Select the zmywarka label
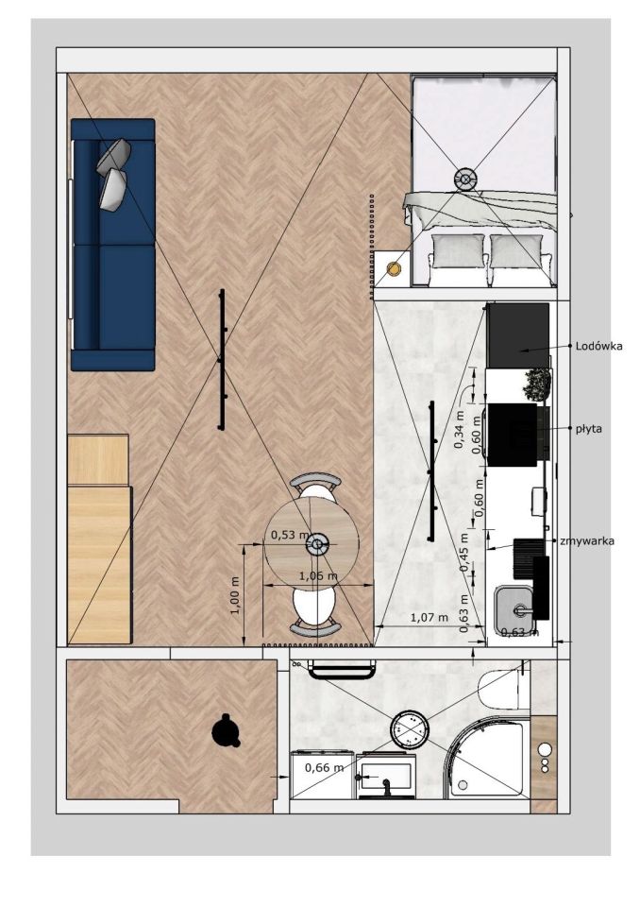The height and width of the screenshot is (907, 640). coord(587,540)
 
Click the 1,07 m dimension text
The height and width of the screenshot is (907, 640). coord(429,617)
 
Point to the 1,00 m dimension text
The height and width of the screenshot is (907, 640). coord(235,596)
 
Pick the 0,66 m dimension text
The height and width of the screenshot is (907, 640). coord(324,767)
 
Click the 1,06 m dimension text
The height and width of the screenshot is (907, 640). coord(318,575)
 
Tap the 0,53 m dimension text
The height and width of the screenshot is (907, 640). coord(290,535)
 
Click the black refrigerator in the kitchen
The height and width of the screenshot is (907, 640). coord(518,334)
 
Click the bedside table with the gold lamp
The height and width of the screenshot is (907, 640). coord(393,269)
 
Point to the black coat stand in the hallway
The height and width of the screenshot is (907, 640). coord(226,730)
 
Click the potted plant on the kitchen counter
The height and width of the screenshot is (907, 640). coord(538,384)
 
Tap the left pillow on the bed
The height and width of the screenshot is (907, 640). coord(459,250)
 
